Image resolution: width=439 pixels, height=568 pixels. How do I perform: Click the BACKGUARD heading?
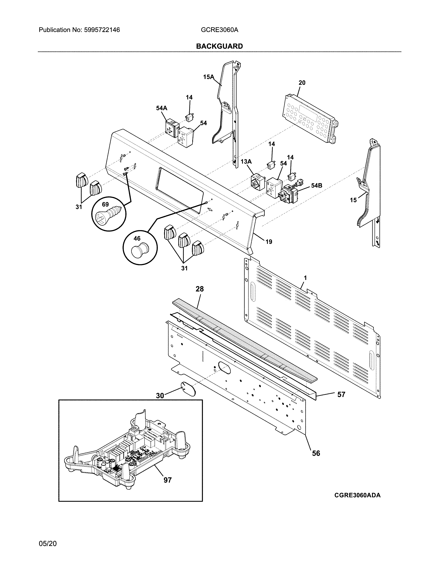[219, 46]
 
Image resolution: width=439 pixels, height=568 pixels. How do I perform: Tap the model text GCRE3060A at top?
[219, 30]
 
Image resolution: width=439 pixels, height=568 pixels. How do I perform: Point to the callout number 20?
[302, 83]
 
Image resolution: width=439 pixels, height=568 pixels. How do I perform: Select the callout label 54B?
[316, 185]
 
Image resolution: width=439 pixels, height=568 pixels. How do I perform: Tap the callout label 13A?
[246, 161]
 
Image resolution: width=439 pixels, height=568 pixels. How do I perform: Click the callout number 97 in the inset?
[168, 480]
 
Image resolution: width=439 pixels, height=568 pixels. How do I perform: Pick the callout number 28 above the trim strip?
[200, 289]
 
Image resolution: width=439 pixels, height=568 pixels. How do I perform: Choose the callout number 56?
[316, 453]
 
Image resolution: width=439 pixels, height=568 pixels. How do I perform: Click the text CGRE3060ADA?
[357, 495]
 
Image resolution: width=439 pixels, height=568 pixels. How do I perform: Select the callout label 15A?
[208, 77]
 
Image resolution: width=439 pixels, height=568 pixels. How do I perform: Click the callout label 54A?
[161, 108]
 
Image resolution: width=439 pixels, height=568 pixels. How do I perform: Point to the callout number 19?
[269, 242]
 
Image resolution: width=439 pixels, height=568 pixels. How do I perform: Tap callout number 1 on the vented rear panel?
[305, 278]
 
